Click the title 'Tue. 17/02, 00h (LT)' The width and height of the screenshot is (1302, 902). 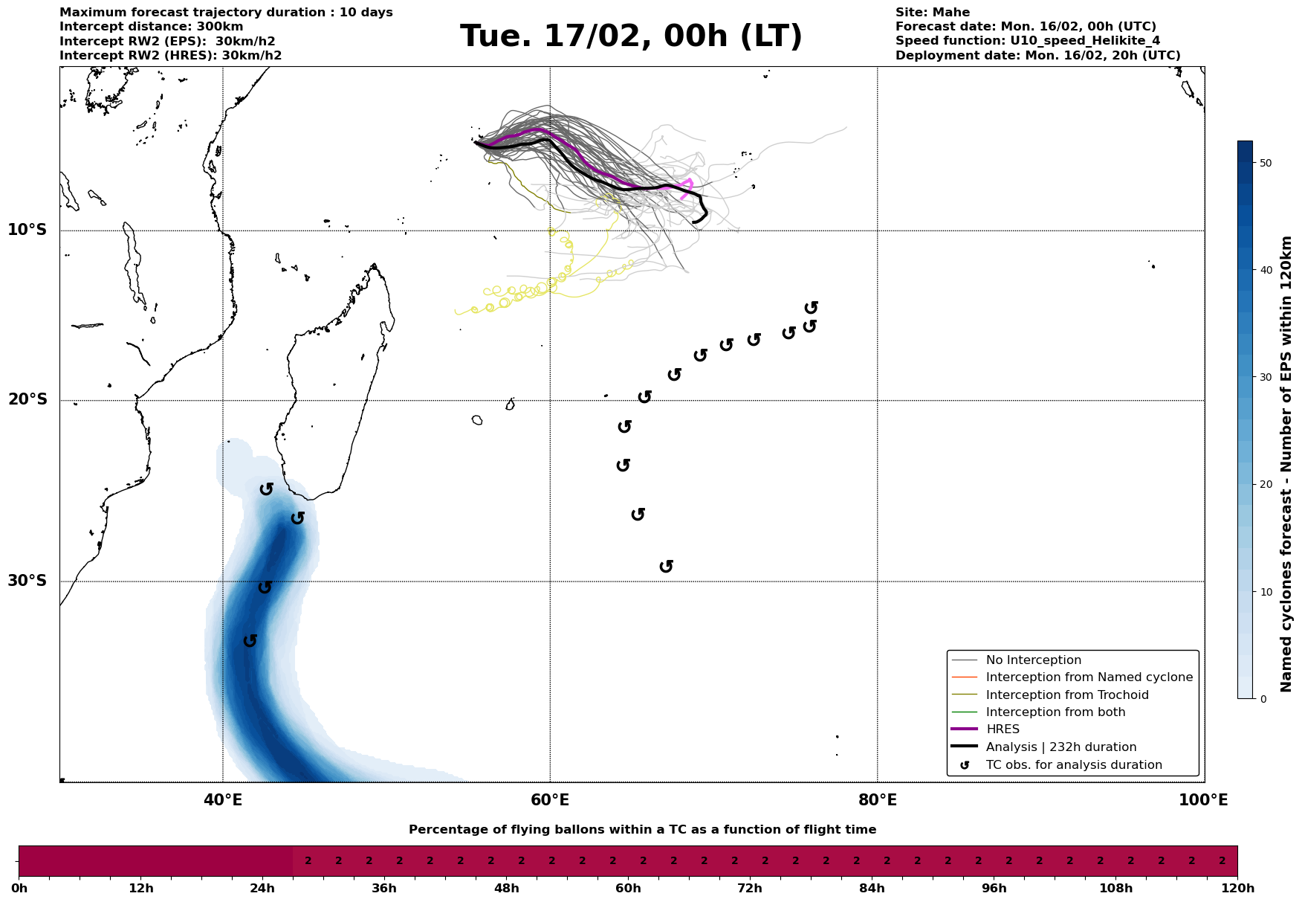point(631,36)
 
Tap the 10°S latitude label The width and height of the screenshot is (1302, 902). point(27,230)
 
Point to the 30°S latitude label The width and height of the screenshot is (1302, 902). point(27,581)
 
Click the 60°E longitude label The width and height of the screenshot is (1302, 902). point(550,800)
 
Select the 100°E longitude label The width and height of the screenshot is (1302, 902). point(1203,800)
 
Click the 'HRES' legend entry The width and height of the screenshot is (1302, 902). point(1003,729)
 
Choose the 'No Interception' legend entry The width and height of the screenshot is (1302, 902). point(1033,660)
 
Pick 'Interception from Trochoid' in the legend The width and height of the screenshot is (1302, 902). point(1066,695)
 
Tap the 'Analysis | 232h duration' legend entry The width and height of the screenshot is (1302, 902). point(1060,747)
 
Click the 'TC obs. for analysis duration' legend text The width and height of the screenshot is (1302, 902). point(1073,765)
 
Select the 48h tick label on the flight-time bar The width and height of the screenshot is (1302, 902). point(506,889)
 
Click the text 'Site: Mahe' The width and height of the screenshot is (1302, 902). point(932,13)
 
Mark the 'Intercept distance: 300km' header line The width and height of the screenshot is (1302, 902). point(151,27)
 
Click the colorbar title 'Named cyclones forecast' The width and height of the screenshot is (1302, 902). point(1287,464)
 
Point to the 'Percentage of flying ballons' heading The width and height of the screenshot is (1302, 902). point(642,830)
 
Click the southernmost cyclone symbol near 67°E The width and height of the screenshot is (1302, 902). point(667,567)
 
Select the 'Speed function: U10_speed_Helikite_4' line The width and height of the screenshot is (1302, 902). point(1027,41)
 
